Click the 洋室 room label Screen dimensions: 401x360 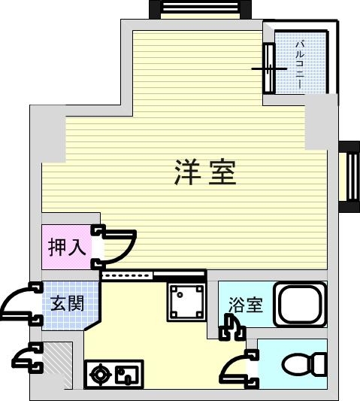click(x=205, y=174)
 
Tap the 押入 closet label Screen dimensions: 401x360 click(x=65, y=248)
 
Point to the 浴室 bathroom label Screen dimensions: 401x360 click(x=246, y=305)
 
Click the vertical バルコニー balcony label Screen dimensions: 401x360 click(x=299, y=65)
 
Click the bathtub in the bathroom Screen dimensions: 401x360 click(x=299, y=305)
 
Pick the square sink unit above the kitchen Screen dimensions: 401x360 click(x=186, y=302)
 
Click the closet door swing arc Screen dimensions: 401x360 click(x=119, y=246)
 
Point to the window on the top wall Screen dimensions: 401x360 click(x=200, y=9)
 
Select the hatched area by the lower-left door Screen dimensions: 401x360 click(x=59, y=364)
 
